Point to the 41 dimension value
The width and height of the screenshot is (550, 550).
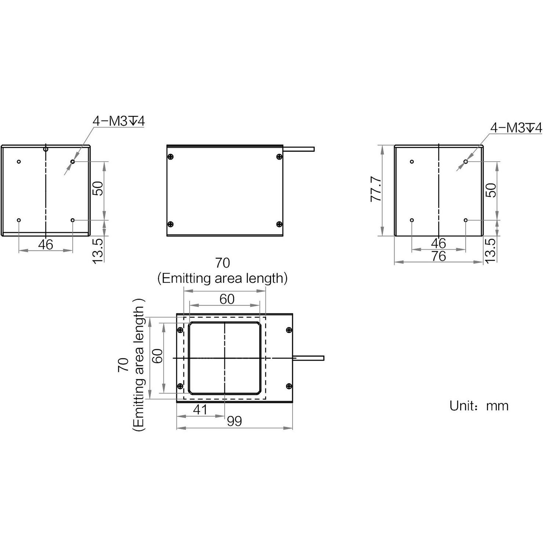(200, 410)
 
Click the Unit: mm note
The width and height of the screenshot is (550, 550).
(479, 406)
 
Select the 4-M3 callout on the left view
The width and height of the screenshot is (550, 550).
(118, 121)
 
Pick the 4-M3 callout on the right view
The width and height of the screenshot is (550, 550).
(516, 128)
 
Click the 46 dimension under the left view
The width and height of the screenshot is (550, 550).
(45, 245)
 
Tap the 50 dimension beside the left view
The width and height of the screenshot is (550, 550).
(98, 189)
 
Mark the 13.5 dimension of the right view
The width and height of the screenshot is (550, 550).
(490, 250)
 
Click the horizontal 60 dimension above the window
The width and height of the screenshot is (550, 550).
(227, 299)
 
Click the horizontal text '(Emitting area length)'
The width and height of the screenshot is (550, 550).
(222, 279)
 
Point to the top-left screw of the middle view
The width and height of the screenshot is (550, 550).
(170, 157)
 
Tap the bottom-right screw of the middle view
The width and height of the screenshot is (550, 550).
(279, 224)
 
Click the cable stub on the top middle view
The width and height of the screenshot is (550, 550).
(299, 149)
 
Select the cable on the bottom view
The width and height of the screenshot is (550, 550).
(308, 358)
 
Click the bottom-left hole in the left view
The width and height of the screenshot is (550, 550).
(19, 220)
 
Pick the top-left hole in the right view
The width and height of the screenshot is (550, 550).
(412, 162)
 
